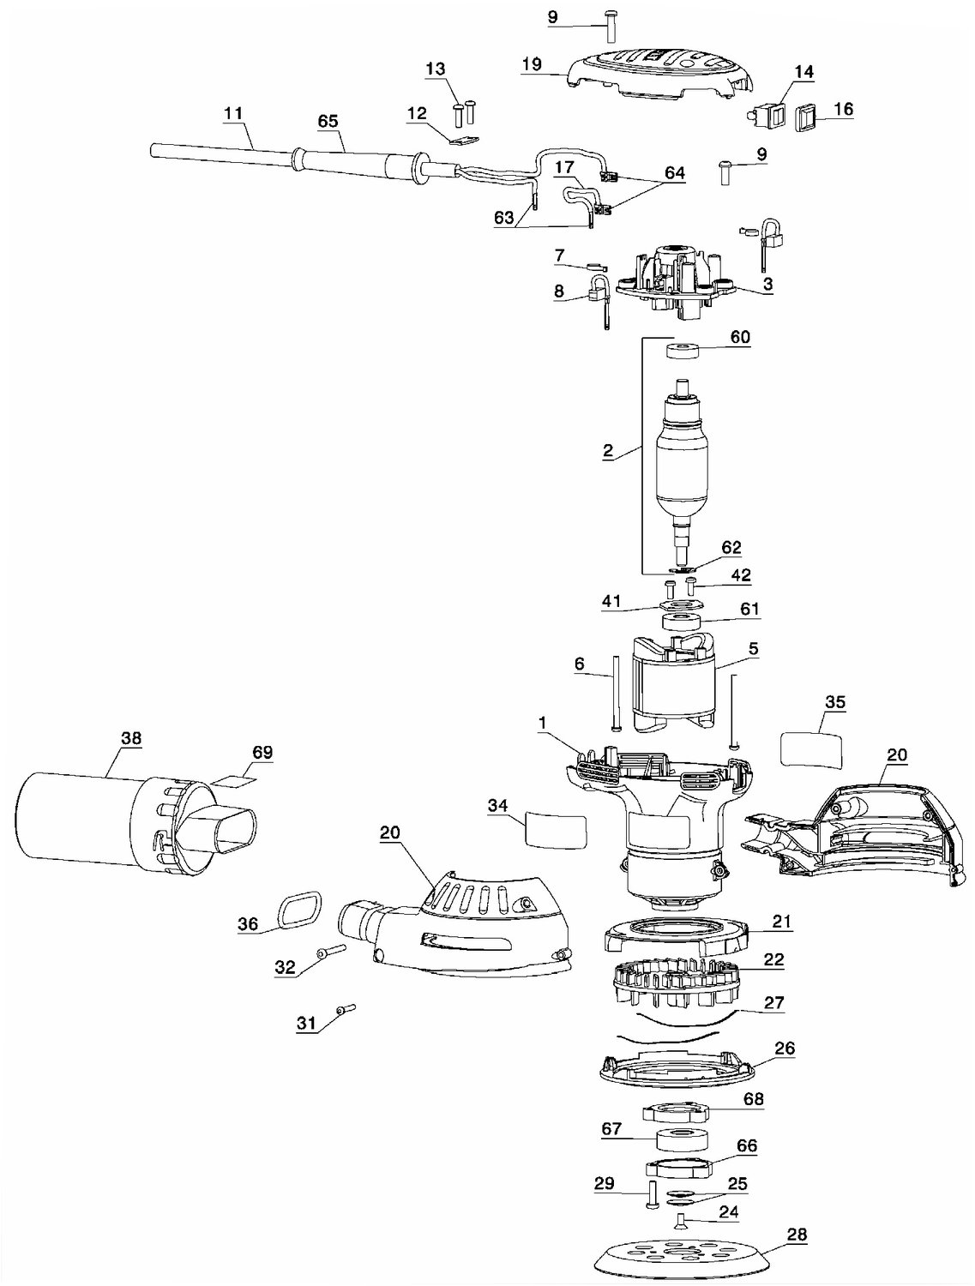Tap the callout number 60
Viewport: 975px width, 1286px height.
(739, 337)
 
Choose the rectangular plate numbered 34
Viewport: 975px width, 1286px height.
(555, 830)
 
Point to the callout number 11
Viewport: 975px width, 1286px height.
(233, 112)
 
